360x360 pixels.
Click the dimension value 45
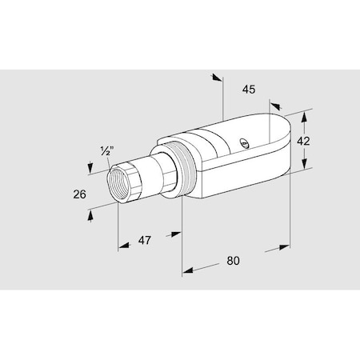pos(248,90)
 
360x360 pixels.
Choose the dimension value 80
pos(234,260)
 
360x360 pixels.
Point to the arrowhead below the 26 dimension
pos(90,215)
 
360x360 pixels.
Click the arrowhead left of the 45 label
pos(216,78)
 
